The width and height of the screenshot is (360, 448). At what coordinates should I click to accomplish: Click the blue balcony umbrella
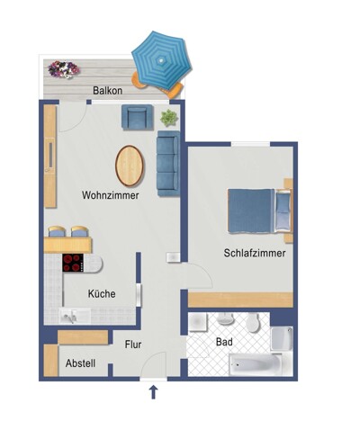point(162,60)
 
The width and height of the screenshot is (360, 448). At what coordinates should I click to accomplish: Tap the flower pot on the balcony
point(64,69)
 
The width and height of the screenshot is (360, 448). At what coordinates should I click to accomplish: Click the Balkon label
point(107,90)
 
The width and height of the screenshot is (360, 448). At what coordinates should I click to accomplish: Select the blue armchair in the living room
point(137,117)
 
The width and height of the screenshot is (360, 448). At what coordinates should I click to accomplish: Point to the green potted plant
point(169,118)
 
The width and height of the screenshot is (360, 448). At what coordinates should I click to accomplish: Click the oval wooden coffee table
point(130,166)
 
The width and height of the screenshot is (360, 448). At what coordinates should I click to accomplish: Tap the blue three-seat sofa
point(168,164)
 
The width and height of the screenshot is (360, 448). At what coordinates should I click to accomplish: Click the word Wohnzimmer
point(110,195)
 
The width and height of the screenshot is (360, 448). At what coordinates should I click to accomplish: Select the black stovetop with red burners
point(73,263)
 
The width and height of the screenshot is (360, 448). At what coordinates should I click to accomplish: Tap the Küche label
point(102,293)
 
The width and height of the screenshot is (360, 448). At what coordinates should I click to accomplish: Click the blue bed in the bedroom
point(259,211)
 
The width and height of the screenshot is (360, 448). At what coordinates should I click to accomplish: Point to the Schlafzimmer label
point(255,253)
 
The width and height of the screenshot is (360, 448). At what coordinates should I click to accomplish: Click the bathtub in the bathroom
point(256,364)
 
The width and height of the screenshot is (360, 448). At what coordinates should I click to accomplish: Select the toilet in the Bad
point(253,322)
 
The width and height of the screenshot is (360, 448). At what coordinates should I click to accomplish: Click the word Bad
point(224,342)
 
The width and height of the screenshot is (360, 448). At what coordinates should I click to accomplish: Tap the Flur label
point(133,345)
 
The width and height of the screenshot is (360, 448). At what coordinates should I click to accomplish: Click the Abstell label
point(80,363)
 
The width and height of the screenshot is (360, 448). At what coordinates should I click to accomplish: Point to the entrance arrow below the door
point(154,392)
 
